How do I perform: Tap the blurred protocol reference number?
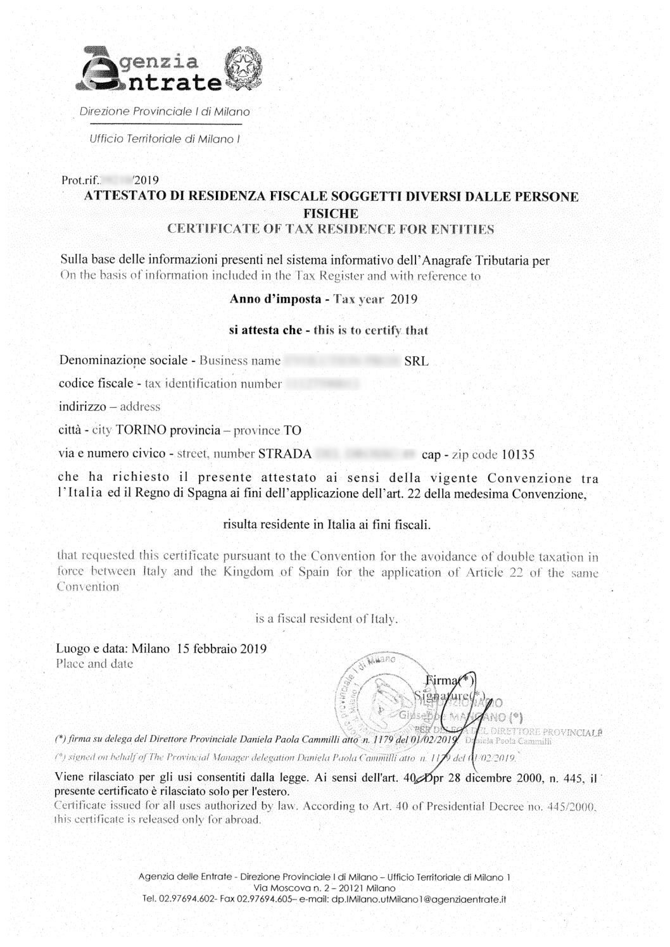[x=117, y=179]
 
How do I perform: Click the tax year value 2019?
[x=404, y=299]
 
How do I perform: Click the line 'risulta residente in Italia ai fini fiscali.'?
[x=327, y=524]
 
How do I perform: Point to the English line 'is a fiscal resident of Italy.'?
[x=327, y=619]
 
